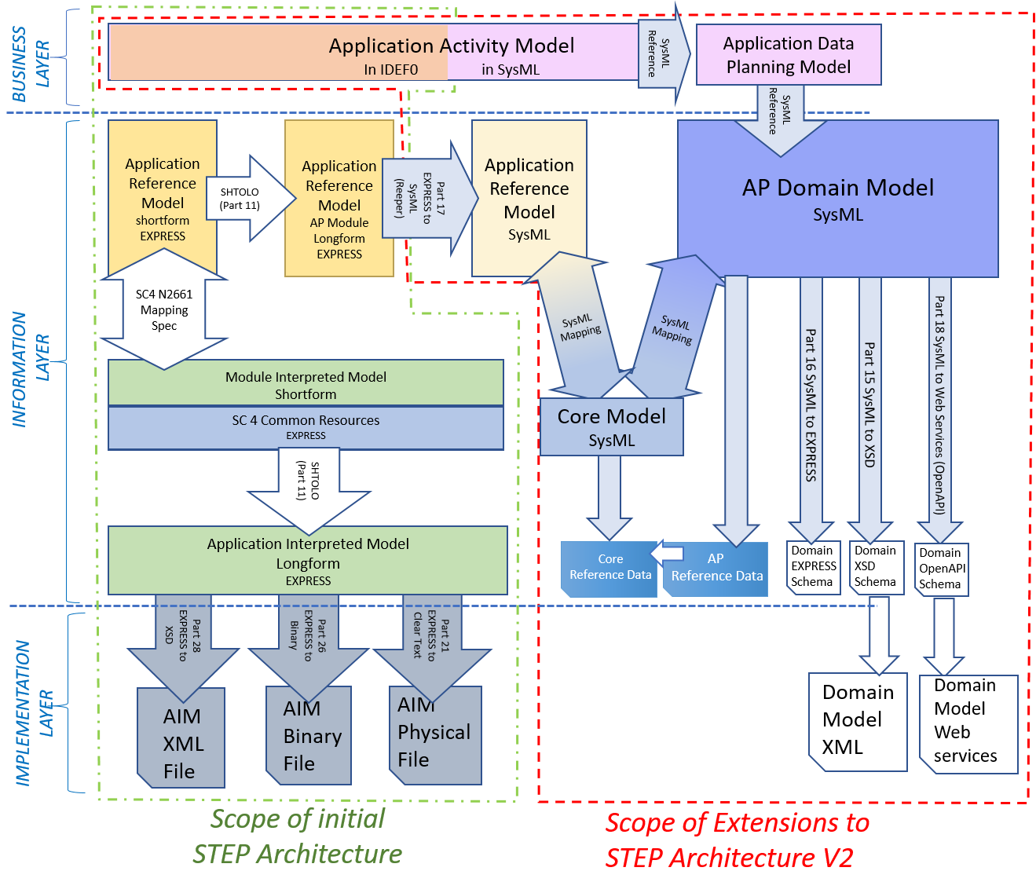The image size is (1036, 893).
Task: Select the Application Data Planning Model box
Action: coord(788,55)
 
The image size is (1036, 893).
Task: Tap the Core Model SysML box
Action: coord(611,427)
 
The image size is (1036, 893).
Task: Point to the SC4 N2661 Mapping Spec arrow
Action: coord(164,309)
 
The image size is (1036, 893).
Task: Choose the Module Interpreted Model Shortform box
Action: coord(306,384)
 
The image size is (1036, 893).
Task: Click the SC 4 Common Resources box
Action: coord(306,427)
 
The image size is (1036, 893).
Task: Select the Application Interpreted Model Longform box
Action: coord(308,561)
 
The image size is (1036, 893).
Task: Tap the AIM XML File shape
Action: coord(181,741)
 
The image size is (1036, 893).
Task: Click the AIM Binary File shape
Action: coord(309,737)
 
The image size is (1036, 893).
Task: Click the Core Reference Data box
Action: coord(610,568)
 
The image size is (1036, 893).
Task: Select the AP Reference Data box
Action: coord(716,569)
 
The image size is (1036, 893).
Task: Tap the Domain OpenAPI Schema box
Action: coord(942,569)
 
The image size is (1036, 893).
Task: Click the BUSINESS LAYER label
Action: coord(31,63)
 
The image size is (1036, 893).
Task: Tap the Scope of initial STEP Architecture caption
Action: coord(298,836)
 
